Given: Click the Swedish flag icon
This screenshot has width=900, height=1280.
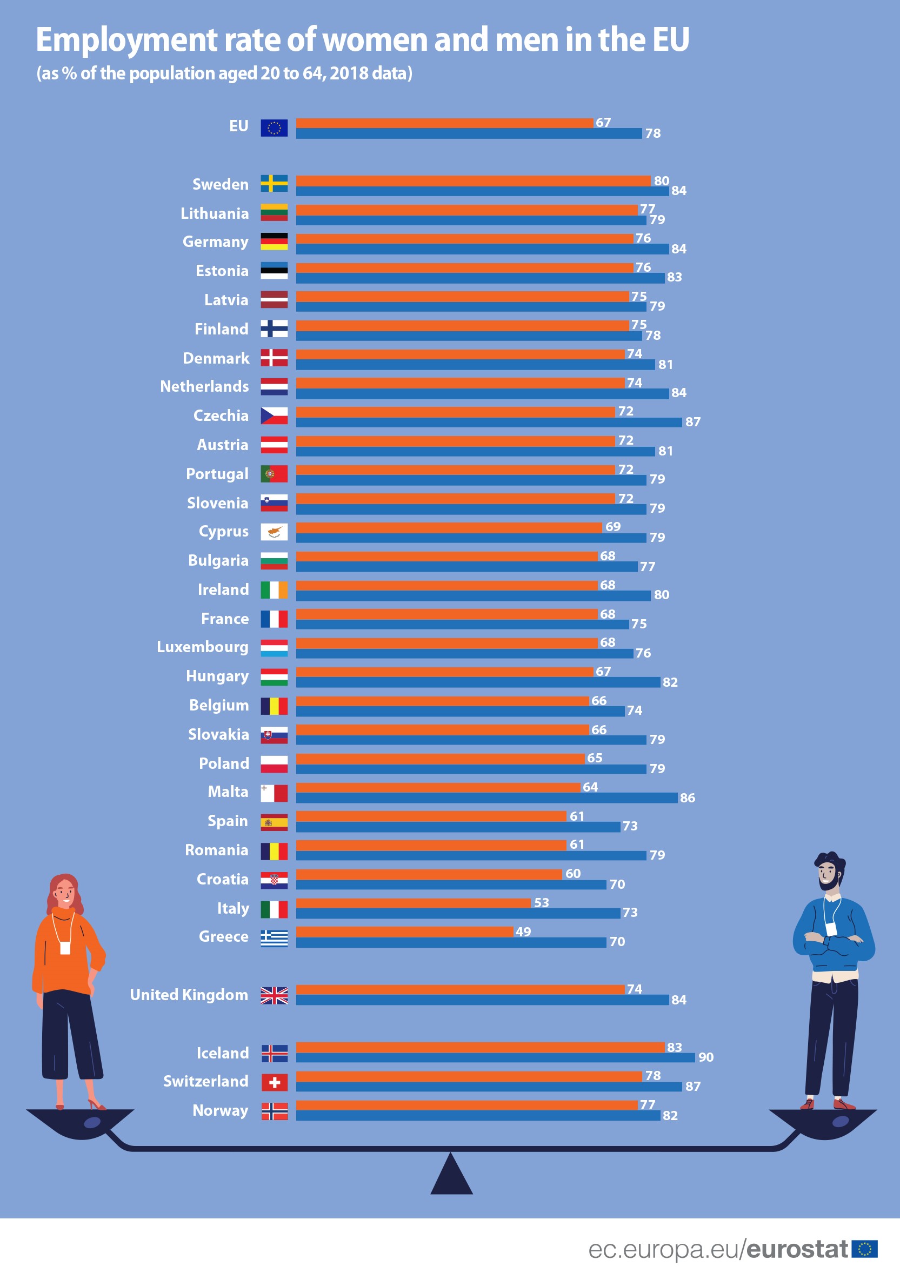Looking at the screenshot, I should (274, 183).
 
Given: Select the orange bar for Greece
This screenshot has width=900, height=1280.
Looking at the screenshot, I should (404, 931).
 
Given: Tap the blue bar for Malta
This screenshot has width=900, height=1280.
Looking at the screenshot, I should (486, 798).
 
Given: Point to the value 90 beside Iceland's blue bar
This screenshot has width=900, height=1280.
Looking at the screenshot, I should (705, 1057).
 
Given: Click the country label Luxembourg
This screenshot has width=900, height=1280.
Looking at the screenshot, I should (202, 647).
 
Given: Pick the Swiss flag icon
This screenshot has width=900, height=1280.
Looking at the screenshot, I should (275, 1082).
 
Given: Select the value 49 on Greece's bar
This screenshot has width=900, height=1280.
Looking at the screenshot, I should (523, 931).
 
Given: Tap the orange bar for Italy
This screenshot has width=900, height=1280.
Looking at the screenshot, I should (412, 902).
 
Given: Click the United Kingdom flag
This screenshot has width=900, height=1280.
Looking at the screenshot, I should (274, 995).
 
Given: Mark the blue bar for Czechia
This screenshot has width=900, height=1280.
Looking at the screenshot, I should (489, 423).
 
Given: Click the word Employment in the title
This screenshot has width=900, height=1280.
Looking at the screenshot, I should (126, 40).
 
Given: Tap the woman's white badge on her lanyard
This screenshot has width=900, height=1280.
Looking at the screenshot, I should (65, 948).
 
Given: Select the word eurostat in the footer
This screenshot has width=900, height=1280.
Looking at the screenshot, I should (797, 1249).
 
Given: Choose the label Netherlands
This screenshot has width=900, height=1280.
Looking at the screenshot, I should (204, 386).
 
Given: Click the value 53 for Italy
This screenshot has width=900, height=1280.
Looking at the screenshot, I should (541, 902).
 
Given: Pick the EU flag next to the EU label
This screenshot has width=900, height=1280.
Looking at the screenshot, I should (274, 128).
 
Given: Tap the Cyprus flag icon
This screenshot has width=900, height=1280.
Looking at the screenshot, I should (274, 532).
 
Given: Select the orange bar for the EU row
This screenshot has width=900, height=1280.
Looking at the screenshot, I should (444, 123).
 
